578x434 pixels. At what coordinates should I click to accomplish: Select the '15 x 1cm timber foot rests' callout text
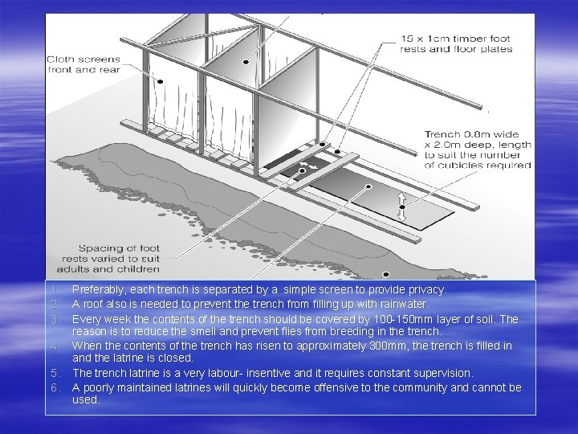point(456,43)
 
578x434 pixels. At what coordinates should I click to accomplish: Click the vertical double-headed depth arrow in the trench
point(402,207)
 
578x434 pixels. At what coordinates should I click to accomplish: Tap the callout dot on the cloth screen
point(161,80)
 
